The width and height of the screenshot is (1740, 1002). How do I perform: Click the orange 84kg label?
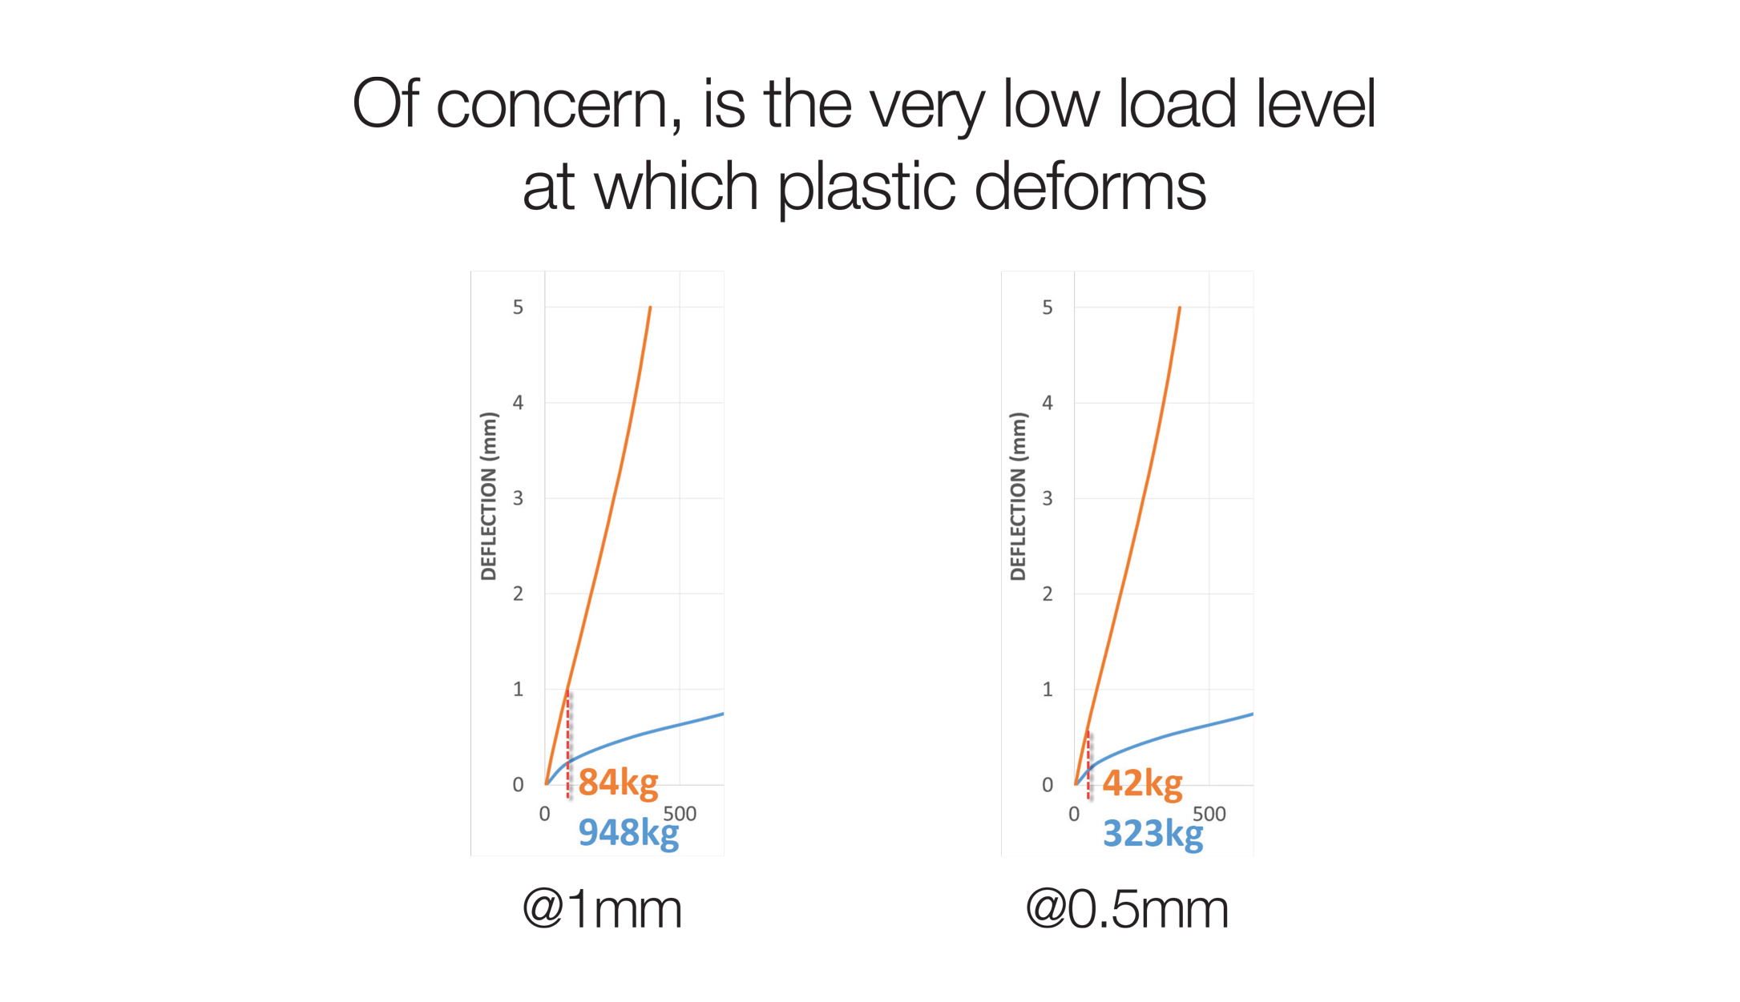click(618, 783)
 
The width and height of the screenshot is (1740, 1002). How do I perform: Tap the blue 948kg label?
click(628, 833)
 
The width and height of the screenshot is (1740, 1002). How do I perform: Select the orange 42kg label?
click(1142, 783)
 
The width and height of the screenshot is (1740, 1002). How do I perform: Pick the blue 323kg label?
click(1153, 834)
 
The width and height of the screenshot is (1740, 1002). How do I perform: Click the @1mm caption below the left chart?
click(602, 909)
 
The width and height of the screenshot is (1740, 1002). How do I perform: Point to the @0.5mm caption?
click(1127, 909)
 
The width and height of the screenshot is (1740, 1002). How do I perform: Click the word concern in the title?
click(558, 105)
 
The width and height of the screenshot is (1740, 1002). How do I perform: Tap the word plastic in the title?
click(866, 187)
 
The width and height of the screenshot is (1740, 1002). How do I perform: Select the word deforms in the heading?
click(1090, 186)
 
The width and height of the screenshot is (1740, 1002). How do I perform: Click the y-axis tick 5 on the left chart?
click(518, 308)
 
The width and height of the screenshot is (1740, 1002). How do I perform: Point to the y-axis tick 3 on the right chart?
click(1047, 498)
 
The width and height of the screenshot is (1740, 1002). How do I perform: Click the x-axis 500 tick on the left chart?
click(680, 814)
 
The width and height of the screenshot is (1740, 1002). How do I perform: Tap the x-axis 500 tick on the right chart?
click(1209, 814)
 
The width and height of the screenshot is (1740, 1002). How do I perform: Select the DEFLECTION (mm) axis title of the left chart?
click(488, 496)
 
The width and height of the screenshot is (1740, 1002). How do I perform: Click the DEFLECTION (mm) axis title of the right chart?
click(1018, 496)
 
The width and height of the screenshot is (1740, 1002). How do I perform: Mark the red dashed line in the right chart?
click(1088, 765)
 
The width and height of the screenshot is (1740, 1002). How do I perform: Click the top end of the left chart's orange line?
click(650, 307)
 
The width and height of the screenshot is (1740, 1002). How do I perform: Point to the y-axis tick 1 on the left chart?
click(518, 689)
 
